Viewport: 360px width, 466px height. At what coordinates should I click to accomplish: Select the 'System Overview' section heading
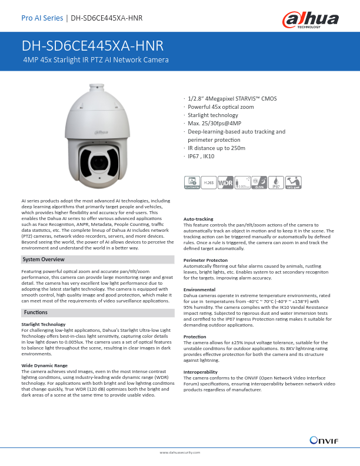(43, 259)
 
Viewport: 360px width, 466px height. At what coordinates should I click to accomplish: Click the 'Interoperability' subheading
(201, 372)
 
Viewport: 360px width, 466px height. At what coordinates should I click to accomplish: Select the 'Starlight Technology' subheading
(43, 324)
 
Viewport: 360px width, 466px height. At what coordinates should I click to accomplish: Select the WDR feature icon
(225, 167)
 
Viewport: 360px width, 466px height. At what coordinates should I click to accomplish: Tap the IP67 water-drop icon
(277, 167)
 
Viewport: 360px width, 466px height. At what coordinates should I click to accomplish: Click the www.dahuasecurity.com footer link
(180, 452)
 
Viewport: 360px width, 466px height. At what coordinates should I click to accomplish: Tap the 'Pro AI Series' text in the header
(42, 18)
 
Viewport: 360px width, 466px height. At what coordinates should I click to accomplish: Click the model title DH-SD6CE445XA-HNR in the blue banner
(92, 46)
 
